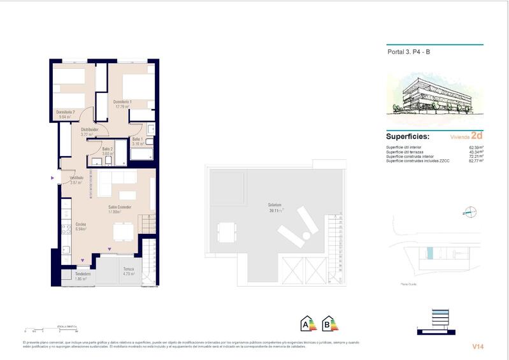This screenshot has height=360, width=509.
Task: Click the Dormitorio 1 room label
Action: [x=122, y=102]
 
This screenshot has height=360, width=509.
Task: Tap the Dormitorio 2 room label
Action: [x=66, y=113]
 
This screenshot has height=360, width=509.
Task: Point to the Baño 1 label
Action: [x=137, y=138]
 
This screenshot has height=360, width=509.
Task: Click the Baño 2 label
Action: [x=107, y=150]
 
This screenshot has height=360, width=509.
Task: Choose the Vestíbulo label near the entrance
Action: [x=77, y=178]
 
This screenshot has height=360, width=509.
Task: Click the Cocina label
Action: [x=82, y=225]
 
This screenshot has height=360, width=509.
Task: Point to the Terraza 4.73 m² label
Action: [x=129, y=270]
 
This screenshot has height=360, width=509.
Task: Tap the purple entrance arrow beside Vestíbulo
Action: [x=53, y=179]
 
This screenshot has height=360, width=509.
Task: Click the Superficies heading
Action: [x=407, y=136]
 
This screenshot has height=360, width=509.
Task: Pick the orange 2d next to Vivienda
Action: [x=477, y=136]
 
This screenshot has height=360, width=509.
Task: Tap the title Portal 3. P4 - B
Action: [x=409, y=54]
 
